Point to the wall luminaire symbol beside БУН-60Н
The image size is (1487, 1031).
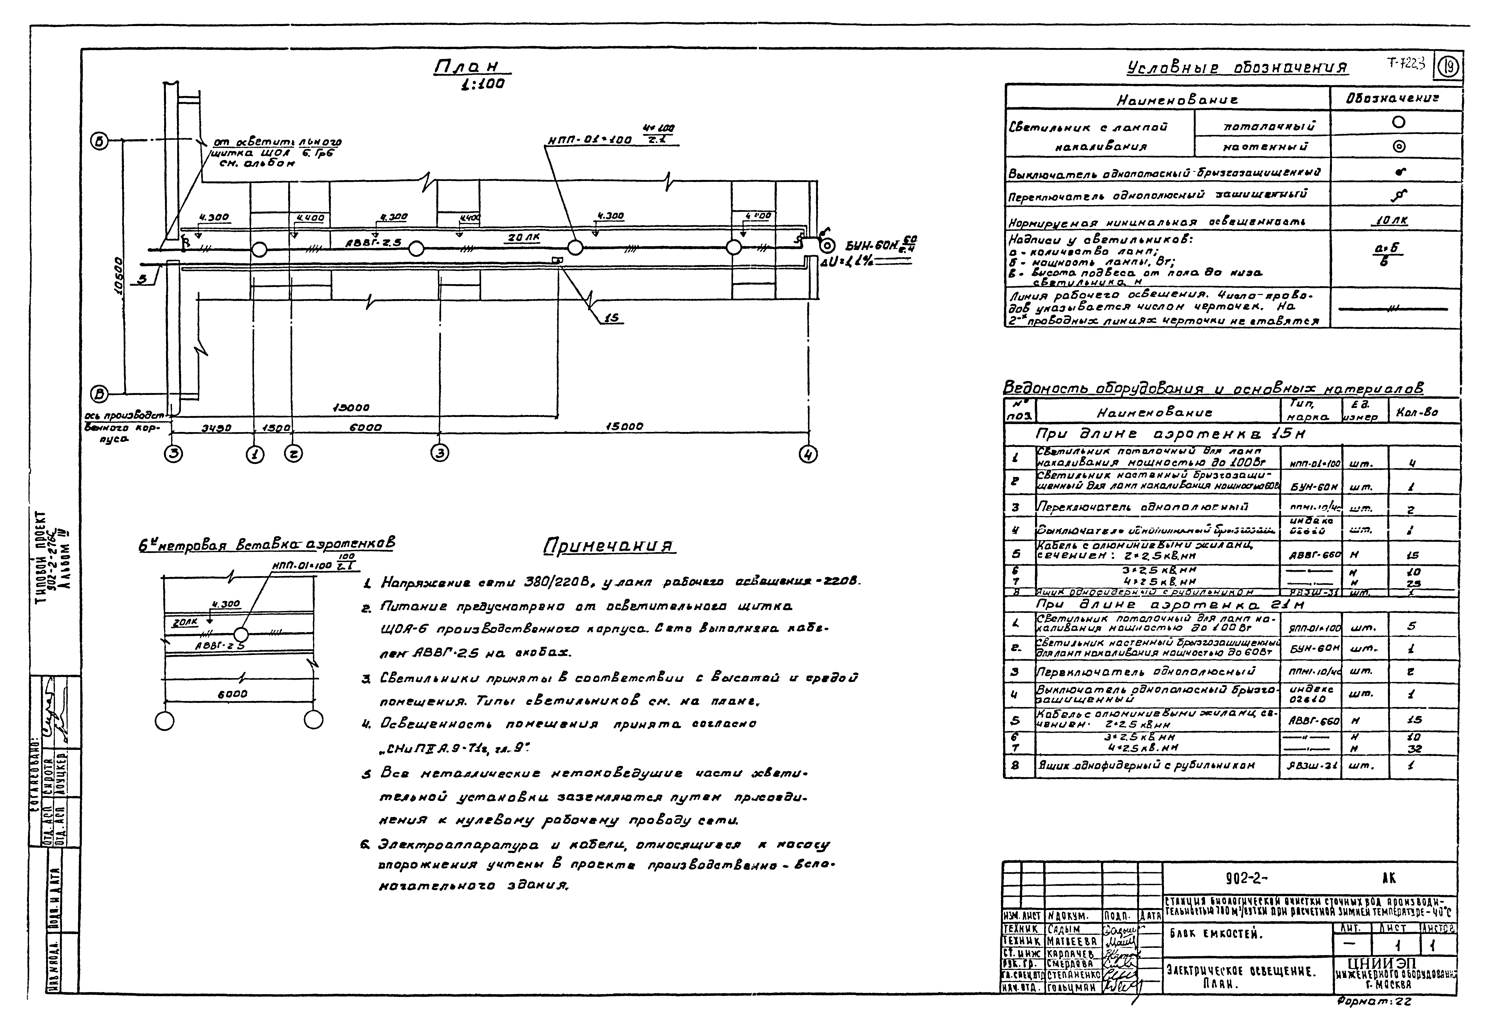pyautogui.click(x=826, y=246)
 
